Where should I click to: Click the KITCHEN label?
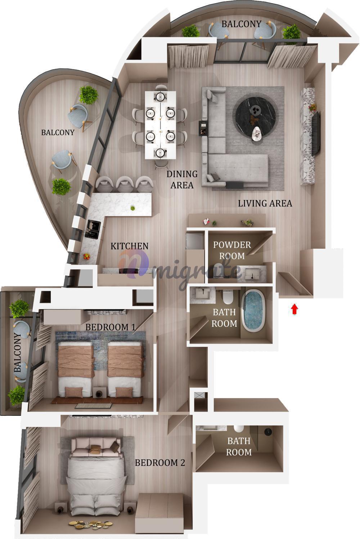129,246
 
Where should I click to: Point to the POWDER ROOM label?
232,250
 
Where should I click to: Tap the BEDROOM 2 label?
160,463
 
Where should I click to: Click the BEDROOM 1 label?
111,327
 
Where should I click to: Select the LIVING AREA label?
265,203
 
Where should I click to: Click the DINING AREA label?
182,179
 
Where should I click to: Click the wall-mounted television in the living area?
316,134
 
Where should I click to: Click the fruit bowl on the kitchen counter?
86,256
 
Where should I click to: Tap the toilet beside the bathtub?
228,297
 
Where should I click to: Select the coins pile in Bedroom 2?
91,524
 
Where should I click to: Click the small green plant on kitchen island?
132,208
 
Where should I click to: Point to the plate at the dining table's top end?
160,97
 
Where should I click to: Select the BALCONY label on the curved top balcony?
241,24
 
